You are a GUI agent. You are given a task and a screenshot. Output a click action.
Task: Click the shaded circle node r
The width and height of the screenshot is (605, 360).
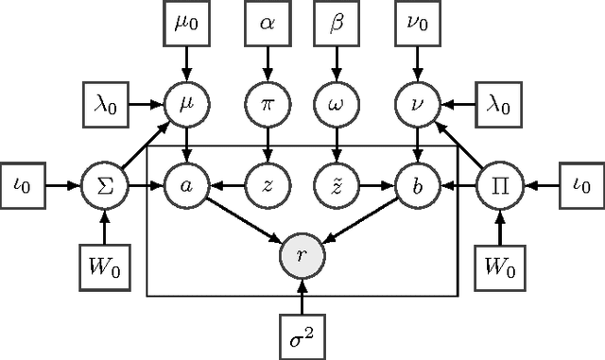coord(302,254)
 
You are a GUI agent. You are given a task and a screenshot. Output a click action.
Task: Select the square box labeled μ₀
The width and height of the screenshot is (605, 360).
coord(185,23)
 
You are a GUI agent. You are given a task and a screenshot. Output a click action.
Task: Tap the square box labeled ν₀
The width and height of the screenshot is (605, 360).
coord(417,23)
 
